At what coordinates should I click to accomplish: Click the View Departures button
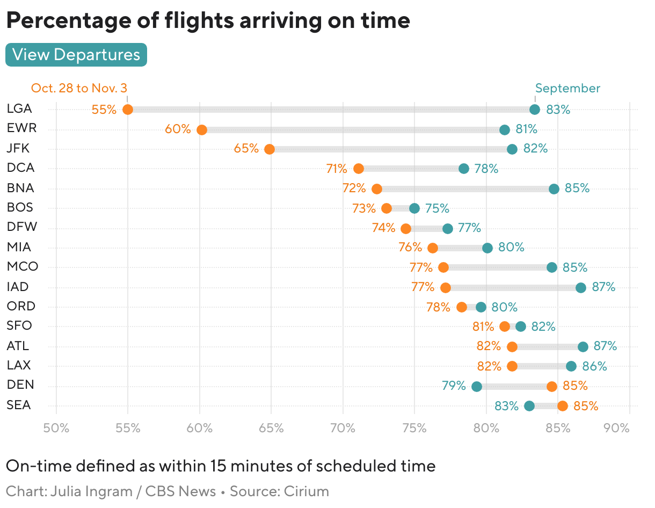pyautogui.click(x=76, y=55)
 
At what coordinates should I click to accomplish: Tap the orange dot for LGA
pyautogui.click(x=128, y=110)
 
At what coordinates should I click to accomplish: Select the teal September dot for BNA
pyautogui.click(x=554, y=189)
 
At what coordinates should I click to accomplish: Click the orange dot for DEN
pyautogui.click(x=552, y=387)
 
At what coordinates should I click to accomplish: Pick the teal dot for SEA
pyautogui.click(x=529, y=406)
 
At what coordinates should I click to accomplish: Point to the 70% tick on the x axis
pyautogui.click(x=343, y=428)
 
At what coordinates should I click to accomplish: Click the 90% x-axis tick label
pyautogui.click(x=616, y=428)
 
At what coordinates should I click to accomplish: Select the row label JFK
pyautogui.click(x=18, y=148)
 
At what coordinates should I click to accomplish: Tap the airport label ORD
pyautogui.click(x=21, y=306)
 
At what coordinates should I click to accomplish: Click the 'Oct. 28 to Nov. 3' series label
pyautogui.click(x=79, y=88)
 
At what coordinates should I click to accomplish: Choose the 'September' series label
pyautogui.click(x=567, y=88)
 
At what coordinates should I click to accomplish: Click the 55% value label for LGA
pyautogui.click(x=104, y=110)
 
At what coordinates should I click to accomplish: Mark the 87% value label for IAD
pyautogui.click(x=603, y=287)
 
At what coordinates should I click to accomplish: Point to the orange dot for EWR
pyautogui.click(x=202, y=130)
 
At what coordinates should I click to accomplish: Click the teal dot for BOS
pyautogui.click(x=414, y=208)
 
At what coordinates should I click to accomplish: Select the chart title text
pyautogui.click(x=208, y=20)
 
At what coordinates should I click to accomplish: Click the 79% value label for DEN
pyautogui.click(x=454, y=386)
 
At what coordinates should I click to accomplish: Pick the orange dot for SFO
pyautogui.click(x=505, y=326)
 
